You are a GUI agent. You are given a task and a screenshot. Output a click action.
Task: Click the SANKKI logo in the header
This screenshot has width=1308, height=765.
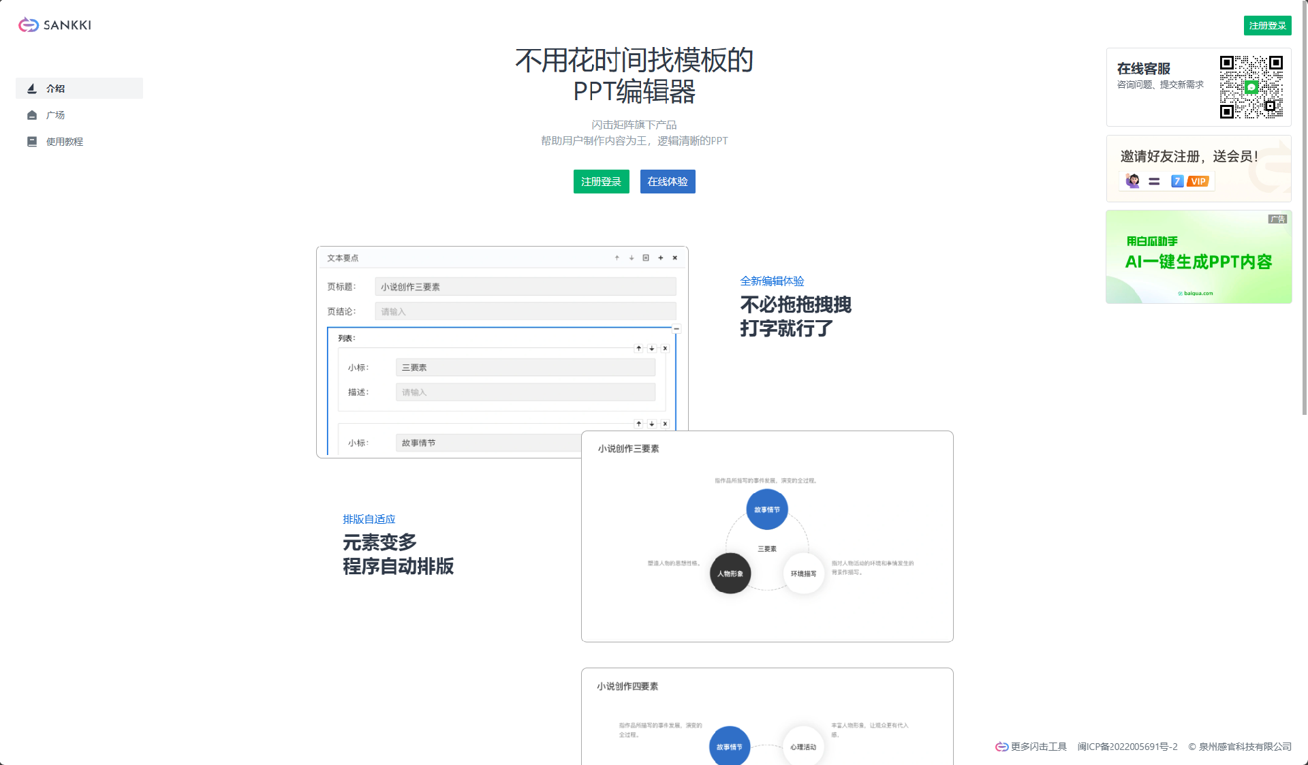tap(54, 25)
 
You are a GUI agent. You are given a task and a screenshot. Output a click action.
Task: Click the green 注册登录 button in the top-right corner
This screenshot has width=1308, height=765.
tap(1267, 25)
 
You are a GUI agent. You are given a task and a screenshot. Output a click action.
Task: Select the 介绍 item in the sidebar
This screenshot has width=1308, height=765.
tap(56, 89)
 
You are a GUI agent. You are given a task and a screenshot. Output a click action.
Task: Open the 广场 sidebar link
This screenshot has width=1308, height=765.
tap(56, 115)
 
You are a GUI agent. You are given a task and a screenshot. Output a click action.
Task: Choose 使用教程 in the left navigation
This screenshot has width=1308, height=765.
tap(65, 142)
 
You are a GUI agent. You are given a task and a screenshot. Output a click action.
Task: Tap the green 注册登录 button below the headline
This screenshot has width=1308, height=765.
tap(601, 182)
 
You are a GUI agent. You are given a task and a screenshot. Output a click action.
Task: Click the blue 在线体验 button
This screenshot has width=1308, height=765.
tap(668, 182)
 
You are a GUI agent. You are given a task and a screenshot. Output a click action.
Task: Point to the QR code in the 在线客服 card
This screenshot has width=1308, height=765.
tap(1251, 87)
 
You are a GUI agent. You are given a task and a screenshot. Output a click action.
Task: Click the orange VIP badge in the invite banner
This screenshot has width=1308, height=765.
tap(1198, 181)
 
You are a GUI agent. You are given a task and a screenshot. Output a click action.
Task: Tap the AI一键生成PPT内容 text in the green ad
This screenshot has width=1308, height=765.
tap(1198, 262)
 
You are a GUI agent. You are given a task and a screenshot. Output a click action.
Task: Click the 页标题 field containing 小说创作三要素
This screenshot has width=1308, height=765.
tap(525, 287)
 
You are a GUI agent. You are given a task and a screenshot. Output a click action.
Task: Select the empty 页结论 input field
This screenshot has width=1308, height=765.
tap(525, 312)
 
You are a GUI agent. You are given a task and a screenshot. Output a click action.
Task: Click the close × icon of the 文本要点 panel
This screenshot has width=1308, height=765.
tap(675, 257)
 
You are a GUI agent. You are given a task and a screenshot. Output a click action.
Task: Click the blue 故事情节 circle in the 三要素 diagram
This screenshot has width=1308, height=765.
tap(767, 510)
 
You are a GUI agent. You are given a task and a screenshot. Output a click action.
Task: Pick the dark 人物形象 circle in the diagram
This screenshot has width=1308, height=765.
tap(730, 574)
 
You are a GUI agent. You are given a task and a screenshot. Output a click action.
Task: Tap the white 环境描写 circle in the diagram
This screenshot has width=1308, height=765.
tap(804, 574)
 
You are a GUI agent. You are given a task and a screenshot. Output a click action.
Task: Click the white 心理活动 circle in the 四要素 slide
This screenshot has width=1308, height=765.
tap(803, 747)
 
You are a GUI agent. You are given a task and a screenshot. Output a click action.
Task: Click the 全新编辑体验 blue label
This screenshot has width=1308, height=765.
tap(772, 281)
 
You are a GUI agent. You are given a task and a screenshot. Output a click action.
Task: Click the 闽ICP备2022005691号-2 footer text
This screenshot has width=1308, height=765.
tap(1127, 747)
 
